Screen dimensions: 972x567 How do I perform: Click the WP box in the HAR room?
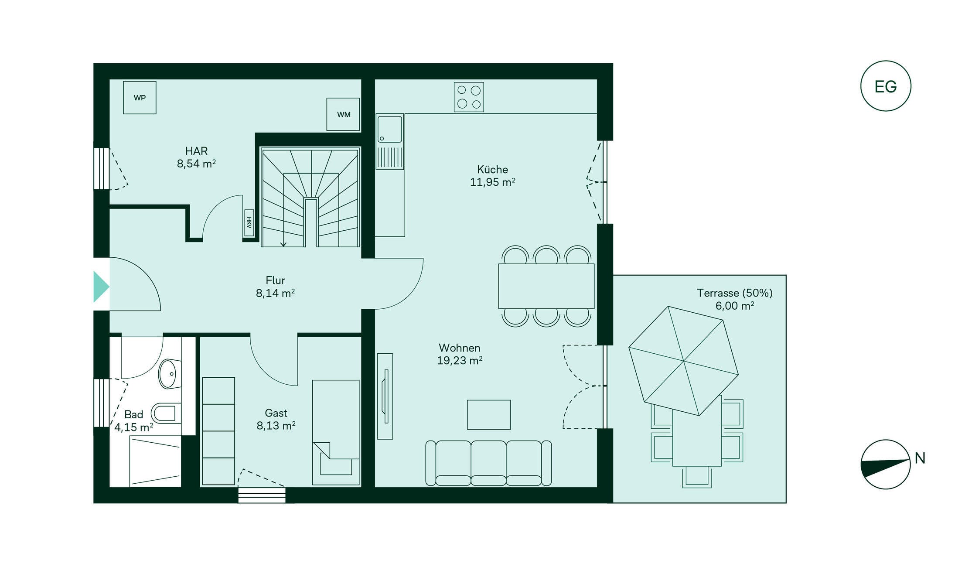point(140,98)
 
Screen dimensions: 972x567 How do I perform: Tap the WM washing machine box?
point(344,114)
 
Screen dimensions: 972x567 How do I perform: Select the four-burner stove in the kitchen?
point(469,97)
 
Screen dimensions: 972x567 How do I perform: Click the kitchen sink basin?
point(389,129)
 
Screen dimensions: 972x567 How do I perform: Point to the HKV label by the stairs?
point(249,223)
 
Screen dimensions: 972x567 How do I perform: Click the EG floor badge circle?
point(886,86)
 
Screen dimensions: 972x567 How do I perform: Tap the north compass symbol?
point(886,464)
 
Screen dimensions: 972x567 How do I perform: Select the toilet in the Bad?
point(166,413)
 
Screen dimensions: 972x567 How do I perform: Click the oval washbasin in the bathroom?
point(170,374)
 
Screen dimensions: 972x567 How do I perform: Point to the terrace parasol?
point(683,361)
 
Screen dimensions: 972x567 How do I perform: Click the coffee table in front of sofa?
point(489,415)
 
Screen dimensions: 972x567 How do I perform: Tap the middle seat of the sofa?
point(488,463)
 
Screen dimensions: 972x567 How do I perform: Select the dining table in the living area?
point(546,286)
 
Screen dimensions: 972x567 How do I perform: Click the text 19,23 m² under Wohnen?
point(460,361)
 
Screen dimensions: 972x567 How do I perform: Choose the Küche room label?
point(492,169)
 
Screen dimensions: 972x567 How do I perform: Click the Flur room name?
point(275,280)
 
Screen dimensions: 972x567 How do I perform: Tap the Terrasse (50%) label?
point(734,293)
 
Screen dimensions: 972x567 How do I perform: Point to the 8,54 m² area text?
point(196,164)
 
